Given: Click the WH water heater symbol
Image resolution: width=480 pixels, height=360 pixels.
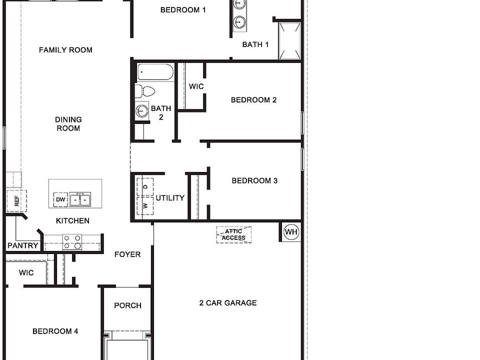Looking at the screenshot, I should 291,232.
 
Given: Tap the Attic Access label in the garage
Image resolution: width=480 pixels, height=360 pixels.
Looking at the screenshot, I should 234,234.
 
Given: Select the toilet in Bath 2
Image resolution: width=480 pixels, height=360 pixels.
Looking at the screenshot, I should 146,91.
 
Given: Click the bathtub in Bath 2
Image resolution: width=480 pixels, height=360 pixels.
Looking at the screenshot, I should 155,72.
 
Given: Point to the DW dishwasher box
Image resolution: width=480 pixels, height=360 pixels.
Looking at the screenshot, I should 60,200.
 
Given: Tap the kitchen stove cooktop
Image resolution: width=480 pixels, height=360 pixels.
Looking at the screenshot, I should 72,242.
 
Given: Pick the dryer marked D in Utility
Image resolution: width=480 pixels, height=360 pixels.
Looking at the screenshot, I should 145,186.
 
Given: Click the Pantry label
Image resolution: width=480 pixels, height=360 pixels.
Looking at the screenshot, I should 23,245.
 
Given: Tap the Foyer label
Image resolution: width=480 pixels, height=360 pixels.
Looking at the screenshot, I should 127,254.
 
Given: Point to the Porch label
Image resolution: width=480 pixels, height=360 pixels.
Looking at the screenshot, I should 127,305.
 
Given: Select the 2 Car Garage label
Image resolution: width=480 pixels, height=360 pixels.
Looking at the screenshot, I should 228,303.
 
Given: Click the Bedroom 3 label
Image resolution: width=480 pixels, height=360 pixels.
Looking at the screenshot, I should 254,181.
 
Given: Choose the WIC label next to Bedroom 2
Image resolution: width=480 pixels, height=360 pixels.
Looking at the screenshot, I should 196,86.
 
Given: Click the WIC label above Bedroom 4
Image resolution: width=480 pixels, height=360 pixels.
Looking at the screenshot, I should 26,273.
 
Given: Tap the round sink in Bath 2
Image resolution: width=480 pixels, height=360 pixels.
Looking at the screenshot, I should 142,110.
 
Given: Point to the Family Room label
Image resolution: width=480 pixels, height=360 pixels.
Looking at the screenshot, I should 65,50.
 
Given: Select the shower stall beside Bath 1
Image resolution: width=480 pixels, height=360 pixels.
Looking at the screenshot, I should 289,39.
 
